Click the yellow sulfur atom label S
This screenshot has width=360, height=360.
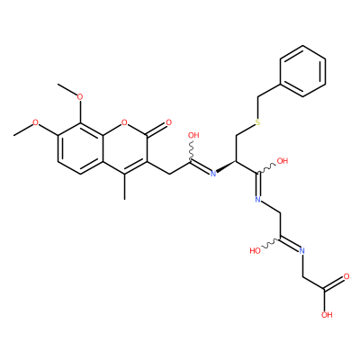(x=257, y=122)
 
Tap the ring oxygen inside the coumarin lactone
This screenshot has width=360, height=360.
(x=124, y=122)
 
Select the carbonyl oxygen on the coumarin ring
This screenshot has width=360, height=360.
(x=168, y=122)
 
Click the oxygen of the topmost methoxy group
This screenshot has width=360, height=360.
(x=80, y=97)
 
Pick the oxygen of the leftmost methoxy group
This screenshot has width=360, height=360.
(x=36, y=122)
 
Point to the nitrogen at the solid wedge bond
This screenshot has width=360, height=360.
(x=213, y=174)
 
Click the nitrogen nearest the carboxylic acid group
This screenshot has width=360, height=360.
(x=301, y=250)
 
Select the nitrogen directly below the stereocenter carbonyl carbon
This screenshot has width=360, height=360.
(x=257, y=199)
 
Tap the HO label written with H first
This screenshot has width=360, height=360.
(x=255, y=251)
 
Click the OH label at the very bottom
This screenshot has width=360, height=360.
(x=327, y=314)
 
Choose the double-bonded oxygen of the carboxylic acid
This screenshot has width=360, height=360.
(x=346, y=276)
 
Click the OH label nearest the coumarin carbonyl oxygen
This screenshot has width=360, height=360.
(x=193, y=135)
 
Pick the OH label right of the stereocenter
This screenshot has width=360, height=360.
(x=283, y=161)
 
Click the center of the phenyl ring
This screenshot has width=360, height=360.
(x=302, y=71)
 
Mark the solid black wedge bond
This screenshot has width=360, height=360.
(x=226, y=166)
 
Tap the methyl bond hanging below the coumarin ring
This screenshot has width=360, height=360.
(x=124, y=186)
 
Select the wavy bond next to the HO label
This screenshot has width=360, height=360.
(x=272, y=243)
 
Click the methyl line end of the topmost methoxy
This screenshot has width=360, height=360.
(x=58, y=85)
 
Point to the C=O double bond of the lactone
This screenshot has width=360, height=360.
(x=156, y=130)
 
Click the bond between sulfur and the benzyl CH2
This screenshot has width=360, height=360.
(x=257, y=108)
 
